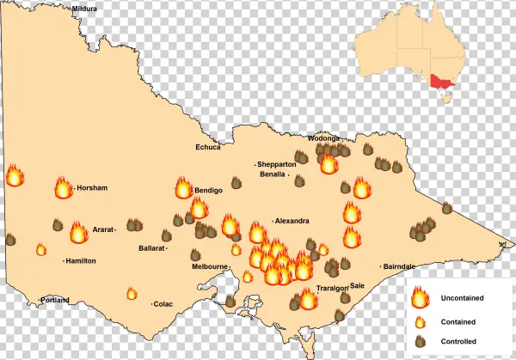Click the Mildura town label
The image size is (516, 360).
point(85,8)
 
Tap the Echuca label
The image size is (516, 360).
point(208,147)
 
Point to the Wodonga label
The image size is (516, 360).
point(324,138)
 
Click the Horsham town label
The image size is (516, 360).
point(91,187)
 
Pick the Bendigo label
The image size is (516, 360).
point(209,190)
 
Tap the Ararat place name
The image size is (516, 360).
point(103,230)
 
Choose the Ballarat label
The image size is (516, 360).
point(152,248)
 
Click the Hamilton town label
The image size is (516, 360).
point(81,260)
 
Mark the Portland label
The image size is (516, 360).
point(54,300)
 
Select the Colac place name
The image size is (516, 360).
point(163,303)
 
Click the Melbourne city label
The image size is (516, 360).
point(209,266)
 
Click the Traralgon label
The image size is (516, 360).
point(332,288)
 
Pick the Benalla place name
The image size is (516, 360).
point(275,174)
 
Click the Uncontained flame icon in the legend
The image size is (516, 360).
point(420,298)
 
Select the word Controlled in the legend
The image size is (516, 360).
point(458,341)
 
